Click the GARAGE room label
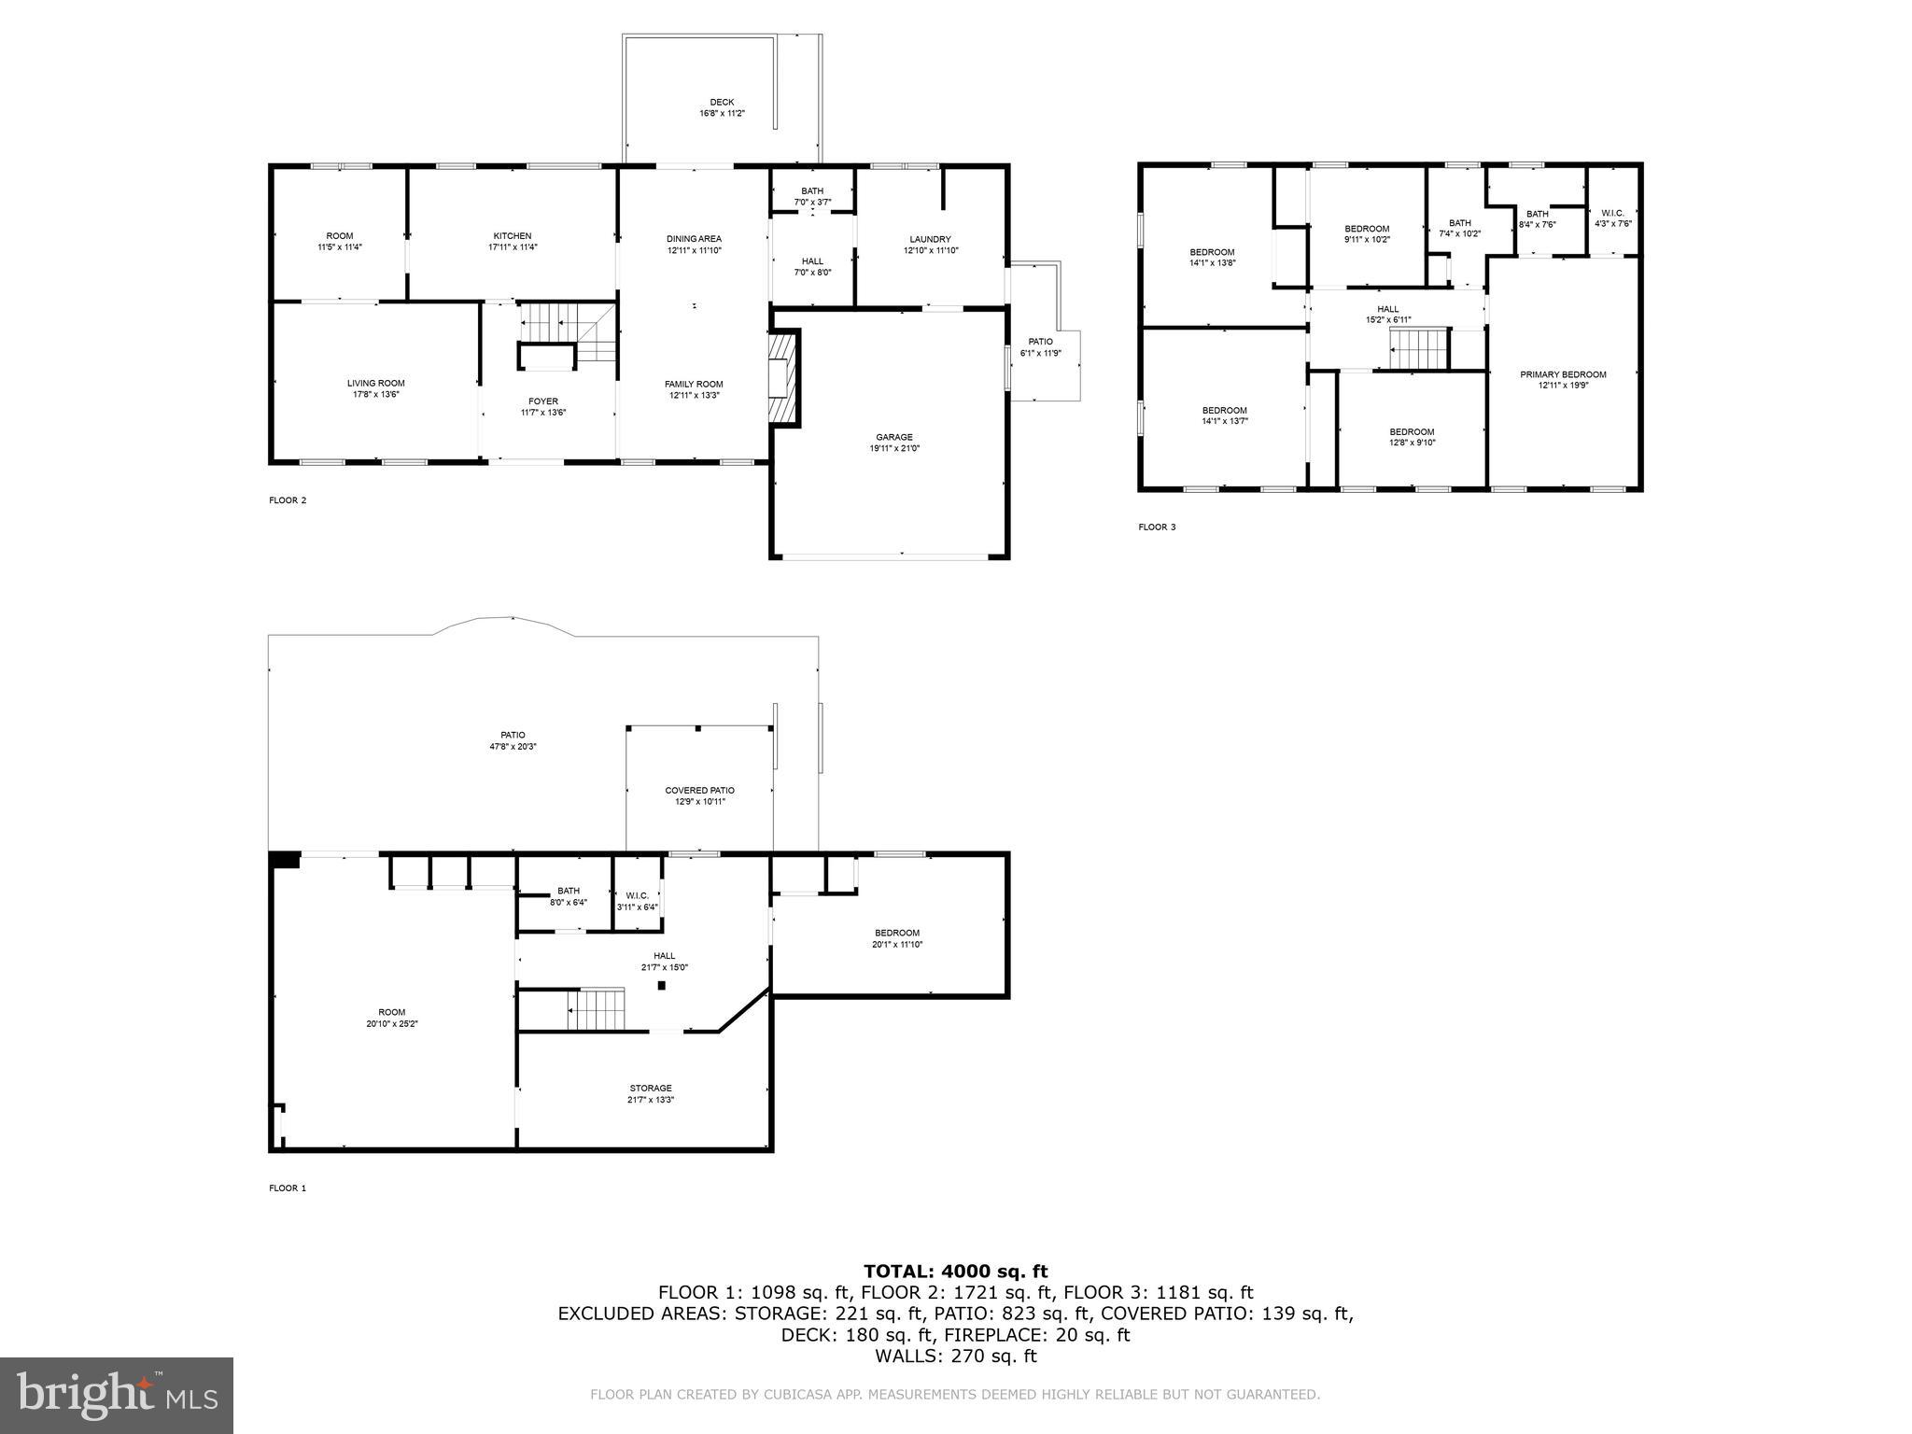point(893,437)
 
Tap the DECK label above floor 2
point(722,103)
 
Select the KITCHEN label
point(513,236)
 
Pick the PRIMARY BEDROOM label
point(1563,374)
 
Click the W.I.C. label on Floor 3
point(1612,213)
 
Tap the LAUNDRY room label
point(930,239)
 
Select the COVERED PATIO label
point(699,791)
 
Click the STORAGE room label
point(651,1088)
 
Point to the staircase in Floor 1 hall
point(596,1009)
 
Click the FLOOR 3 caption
point(1157,527)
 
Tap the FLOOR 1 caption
point(288,1188)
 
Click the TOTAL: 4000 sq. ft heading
point(955,1272)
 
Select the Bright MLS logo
point(117,1395)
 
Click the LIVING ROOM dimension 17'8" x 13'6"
point(375,395)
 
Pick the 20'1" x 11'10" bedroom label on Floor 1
point(896,945)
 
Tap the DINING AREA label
point(694,239)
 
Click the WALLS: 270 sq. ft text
point(955,1357)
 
